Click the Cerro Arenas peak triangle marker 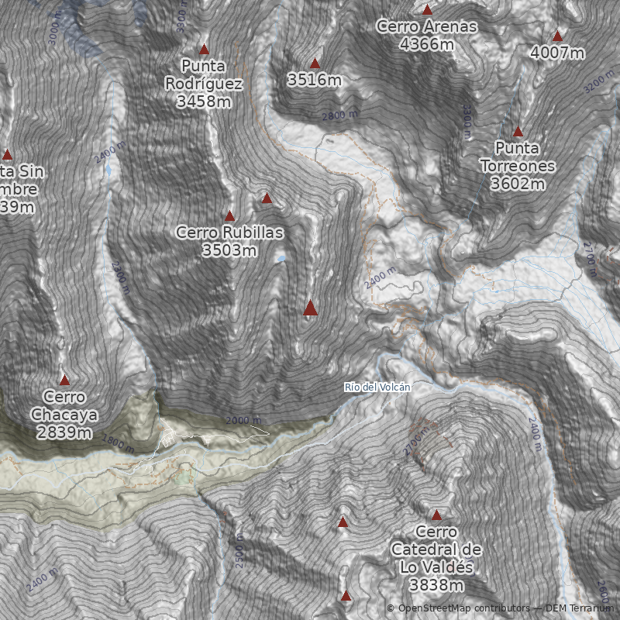[427, 10]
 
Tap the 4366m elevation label [426, 44]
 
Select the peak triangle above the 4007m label [557, 36]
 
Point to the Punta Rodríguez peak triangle [205, 49]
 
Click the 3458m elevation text [204, 102]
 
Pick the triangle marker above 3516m [315, 63]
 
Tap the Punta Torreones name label [518, 157]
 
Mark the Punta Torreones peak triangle [518, 132]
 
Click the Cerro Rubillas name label [229, 232]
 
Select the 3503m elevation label [229, 250]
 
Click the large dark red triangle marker [311, 308]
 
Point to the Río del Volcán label [377, 387]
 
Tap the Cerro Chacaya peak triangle [64, 380]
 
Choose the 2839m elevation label [64, 432]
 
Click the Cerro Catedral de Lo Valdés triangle [436, 515]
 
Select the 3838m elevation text [436, 584]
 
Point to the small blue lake [281, 258]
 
